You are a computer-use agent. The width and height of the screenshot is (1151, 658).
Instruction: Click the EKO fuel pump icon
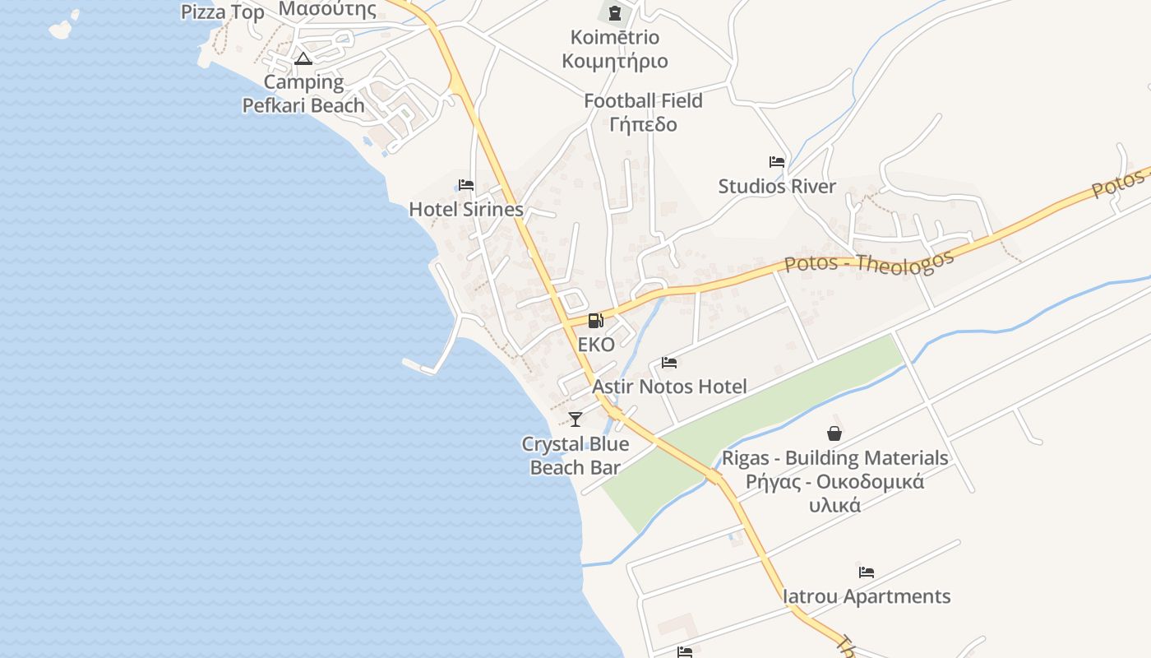[596, 321]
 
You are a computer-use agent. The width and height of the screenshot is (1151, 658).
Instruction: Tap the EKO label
[596, 345]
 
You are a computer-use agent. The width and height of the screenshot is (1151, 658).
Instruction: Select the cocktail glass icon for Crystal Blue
[575, 419]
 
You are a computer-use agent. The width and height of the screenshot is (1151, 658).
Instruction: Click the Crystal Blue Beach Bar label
[575, 456]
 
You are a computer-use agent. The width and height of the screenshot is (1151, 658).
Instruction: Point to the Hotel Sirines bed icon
[466, 185]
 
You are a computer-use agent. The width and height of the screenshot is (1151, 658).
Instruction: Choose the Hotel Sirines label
[466, 210]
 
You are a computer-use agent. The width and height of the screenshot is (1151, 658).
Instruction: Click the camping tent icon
[303, 58]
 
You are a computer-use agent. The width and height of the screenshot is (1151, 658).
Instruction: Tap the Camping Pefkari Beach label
[303, 94]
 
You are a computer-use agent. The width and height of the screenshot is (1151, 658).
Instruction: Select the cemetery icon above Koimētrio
[614, 12]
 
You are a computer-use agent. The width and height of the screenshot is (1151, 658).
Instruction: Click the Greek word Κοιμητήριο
[615, 61]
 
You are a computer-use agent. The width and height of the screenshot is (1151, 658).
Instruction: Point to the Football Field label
[643, 101]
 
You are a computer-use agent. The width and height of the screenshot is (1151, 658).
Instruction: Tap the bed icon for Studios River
[777, 162]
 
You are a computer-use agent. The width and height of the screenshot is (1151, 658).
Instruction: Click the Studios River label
[777, 187]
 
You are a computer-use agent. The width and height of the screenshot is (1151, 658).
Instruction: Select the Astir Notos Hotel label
[669, 387]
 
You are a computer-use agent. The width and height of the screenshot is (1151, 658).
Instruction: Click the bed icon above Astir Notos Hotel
[669, 362]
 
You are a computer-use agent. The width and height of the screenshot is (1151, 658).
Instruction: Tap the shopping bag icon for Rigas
[834, 433]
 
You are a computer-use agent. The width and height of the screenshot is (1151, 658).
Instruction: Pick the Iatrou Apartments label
[867, 596]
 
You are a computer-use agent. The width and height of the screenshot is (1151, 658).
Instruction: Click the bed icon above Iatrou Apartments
[867, 572]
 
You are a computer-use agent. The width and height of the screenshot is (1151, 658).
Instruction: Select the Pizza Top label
[223, 12]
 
